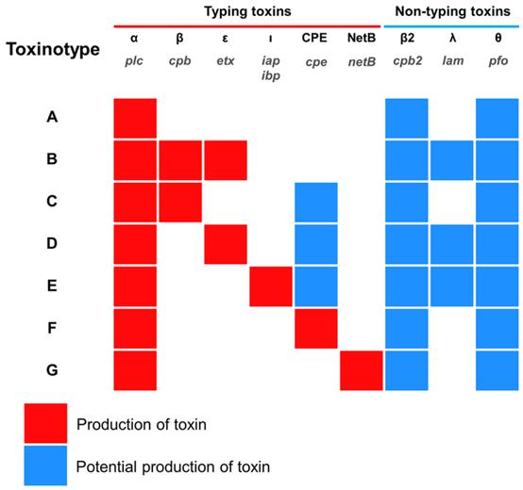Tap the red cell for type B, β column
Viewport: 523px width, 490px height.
click(179, 159)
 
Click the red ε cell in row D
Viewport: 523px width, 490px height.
click(225, 244)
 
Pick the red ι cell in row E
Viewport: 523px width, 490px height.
click(270, 286)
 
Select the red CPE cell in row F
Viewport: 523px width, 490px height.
click(314, 328)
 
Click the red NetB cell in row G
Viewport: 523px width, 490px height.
click(360, 370)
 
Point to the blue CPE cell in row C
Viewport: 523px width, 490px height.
click(314, 202)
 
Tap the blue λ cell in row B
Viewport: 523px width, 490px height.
click(451, 159)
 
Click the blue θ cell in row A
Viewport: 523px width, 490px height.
click(497, 118)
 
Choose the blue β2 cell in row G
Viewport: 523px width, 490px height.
click(406, 370)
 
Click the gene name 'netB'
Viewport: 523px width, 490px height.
click(360, 59)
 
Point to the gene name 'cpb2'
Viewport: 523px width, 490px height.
click(406, 59)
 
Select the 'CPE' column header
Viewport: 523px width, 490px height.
click(314, 40)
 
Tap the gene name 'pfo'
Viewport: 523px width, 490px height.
click(497, 59)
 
